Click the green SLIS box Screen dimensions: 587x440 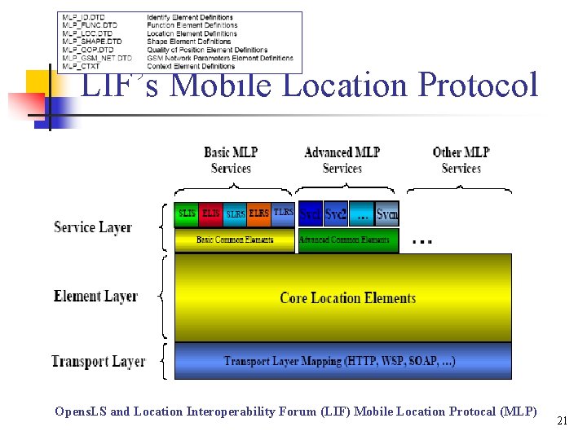(187, 213)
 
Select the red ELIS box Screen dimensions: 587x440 (211, 213)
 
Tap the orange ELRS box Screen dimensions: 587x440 (259, 213)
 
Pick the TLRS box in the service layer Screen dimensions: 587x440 (283, 213)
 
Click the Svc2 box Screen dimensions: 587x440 (335, 214)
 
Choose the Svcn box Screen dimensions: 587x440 (387, 214)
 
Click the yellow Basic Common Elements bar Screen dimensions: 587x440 (235, 240)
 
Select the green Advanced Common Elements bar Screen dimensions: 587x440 (348, 240)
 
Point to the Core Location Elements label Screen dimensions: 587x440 (348, 298)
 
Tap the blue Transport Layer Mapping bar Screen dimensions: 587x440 (342, 361)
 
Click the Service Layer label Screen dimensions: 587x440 (93, 227)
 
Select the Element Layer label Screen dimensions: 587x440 (95, 297)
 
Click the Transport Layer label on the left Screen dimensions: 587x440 (98, 361)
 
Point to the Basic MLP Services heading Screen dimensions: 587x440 (231, 160)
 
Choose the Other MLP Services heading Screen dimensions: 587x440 (461, 160)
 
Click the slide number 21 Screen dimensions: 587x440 (561, 420)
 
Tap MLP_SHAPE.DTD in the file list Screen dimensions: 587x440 (92, 42)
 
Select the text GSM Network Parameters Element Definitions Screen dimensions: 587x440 (220, 59)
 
